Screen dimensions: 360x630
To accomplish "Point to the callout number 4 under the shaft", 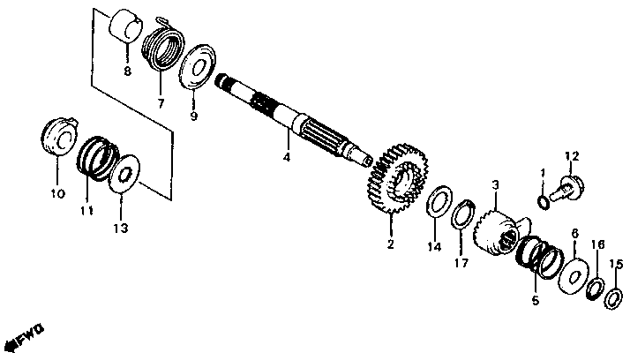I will click(x=286, y=158).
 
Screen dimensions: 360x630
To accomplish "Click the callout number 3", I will click(x=496, y=184).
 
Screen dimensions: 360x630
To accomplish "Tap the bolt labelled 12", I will click(x=561, y=186).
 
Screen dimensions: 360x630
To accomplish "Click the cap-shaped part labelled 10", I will click(x=57, y=140).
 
